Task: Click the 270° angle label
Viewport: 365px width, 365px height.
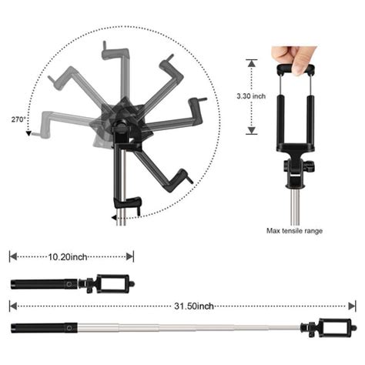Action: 18,119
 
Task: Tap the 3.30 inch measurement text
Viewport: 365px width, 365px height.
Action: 251,96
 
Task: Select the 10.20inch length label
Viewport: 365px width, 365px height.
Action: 68,257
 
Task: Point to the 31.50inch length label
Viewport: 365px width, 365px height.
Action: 194,306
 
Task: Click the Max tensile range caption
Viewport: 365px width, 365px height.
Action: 294,231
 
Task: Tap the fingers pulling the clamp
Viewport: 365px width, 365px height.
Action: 295,59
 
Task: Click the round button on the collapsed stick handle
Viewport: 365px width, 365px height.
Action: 69,284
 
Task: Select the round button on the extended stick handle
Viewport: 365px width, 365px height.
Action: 69,328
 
